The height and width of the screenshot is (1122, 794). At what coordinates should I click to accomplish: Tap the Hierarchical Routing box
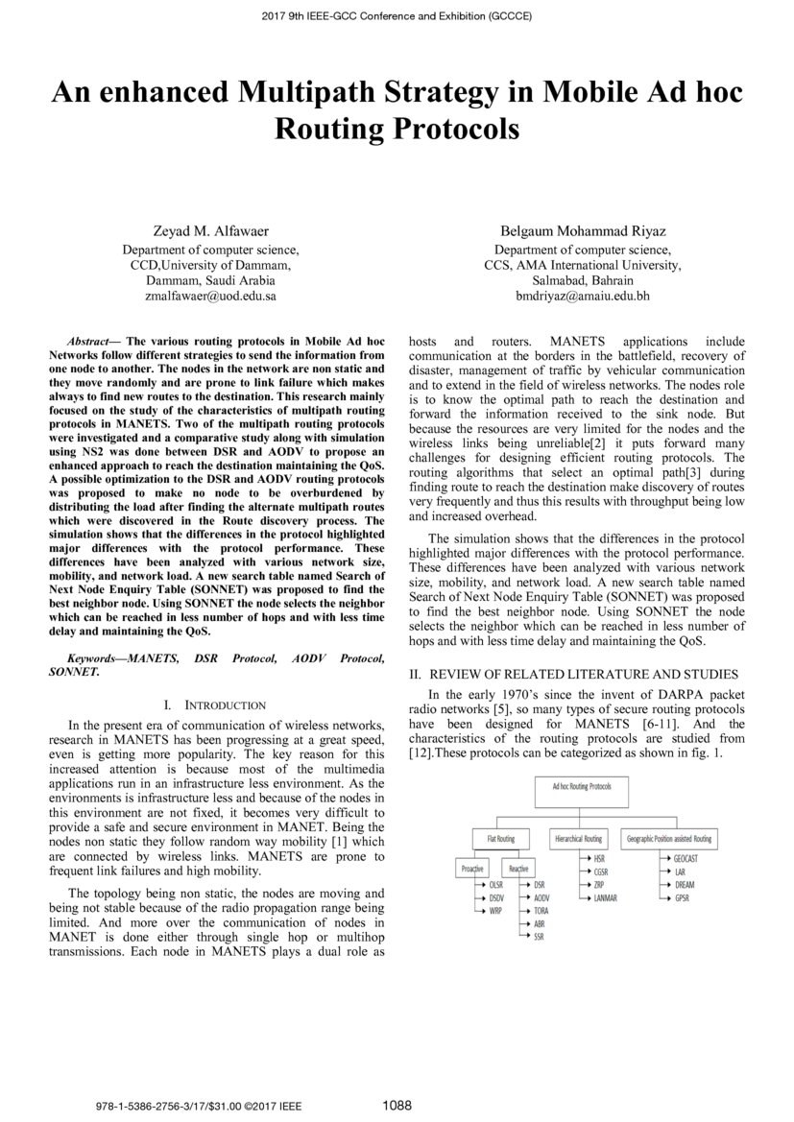tap(579, 838)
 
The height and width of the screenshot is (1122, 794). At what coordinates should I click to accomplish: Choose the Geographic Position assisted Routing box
tap(668, 838)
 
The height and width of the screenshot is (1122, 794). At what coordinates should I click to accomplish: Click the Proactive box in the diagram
tap(471, 868)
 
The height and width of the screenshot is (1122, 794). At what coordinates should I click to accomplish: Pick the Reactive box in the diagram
tap(518, 868)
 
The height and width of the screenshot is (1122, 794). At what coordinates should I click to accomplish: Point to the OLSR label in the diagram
tap(495, 884)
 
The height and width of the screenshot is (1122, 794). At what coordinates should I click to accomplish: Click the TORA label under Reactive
tap(541, 910)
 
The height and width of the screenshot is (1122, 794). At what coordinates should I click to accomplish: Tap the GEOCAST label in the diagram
tap(686, 858)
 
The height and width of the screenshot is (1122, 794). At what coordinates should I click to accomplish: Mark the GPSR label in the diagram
tap(682, 897)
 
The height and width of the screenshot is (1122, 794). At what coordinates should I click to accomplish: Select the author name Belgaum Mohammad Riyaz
tap(583, 230)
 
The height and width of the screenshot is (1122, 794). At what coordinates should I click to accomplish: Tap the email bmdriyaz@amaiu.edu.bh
tap(583, 297)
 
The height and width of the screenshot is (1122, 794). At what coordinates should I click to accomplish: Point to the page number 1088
tap(397, 1106)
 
